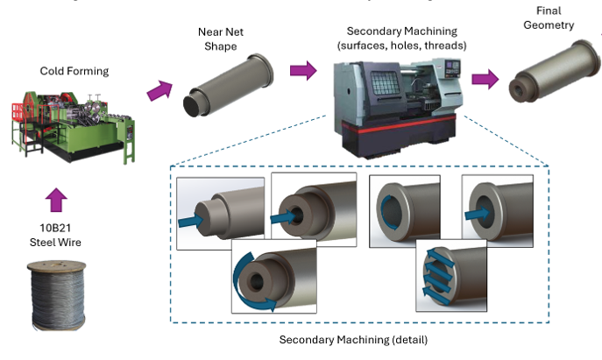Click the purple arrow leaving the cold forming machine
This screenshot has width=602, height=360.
pos(161,88)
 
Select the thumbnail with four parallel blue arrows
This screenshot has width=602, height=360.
pos(451,272)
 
